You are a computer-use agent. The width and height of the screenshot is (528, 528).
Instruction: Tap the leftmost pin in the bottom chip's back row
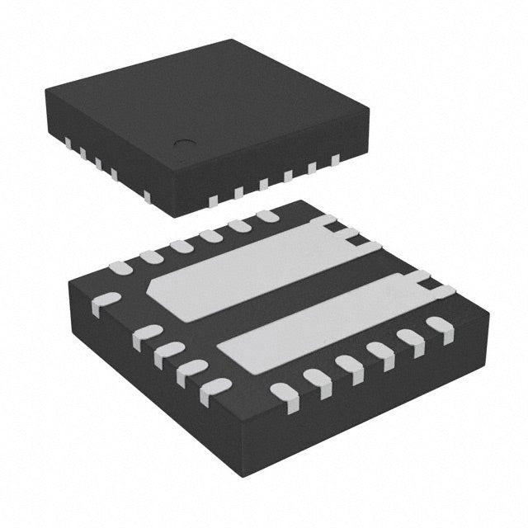tap(120, 267)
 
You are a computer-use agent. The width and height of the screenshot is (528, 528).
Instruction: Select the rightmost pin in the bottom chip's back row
tap(266, 216)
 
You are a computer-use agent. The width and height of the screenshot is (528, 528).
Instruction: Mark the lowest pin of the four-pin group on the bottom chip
tap(216, 389)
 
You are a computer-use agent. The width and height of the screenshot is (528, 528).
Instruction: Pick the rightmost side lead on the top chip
tap(336, 160)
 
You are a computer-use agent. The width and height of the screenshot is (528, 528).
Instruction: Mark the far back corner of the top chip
tap(238, 40)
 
